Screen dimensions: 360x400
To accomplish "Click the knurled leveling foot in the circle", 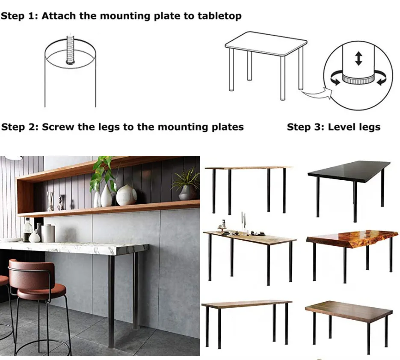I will click(359, 79).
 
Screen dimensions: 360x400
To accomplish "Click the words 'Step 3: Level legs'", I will click(333, 127).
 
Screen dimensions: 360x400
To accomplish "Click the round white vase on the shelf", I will click(126, 195).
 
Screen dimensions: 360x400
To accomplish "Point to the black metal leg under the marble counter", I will click(111, 300).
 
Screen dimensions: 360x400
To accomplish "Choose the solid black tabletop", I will click(349, 171).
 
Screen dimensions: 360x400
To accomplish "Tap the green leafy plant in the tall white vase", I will click(103, 171).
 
